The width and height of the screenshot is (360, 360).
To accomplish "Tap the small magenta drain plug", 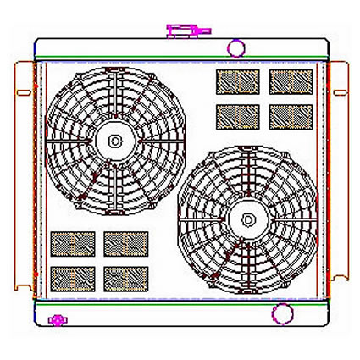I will click(x=58, y=320).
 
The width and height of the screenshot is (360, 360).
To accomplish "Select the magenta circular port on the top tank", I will click(x=238, y=48).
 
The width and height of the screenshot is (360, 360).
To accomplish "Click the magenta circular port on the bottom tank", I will click(x=280, y=314).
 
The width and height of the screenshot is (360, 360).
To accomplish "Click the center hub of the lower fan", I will click(x=246, y=218).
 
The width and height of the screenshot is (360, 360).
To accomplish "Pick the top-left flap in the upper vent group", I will click(x=236, y=82).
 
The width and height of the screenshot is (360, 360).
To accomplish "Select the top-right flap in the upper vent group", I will click(x=291, y=82).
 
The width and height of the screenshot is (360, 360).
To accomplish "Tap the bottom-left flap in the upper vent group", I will click(x=236, y=115).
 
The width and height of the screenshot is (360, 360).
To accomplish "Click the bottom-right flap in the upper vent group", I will click(x=291, y=115).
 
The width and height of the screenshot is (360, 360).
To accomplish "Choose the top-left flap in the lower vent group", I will click(x=72, y=244).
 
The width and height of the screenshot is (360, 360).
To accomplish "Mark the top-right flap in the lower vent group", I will click(x=126, y=244).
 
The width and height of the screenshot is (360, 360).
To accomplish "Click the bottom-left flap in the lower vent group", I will click(x=72, y=277).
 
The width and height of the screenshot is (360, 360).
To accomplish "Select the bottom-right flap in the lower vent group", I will click(x=126, y=277).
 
